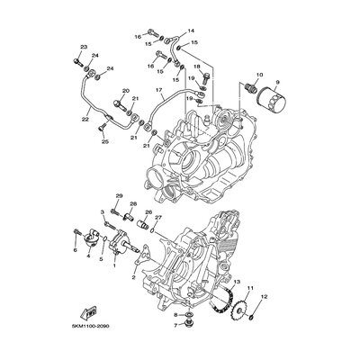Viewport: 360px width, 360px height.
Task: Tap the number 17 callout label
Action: point(157,90)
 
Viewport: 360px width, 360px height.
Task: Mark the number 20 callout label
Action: point(126,90)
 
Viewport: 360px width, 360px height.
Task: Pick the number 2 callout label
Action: point(133,278)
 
